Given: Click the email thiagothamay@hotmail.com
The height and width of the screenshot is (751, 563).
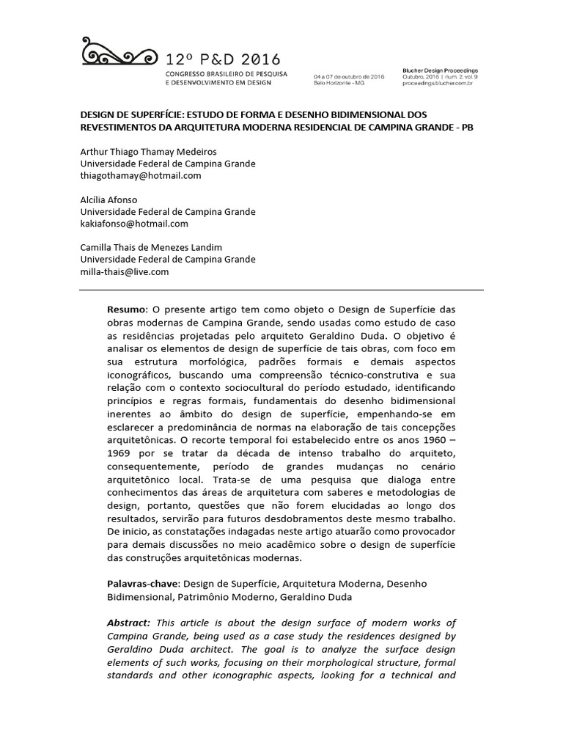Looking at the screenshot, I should coord(140,176).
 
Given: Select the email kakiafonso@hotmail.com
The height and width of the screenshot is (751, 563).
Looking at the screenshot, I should coord(134,224).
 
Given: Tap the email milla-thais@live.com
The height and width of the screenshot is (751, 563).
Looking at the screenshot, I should coord(125,271).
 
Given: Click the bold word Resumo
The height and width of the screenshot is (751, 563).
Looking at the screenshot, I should coord(127,309).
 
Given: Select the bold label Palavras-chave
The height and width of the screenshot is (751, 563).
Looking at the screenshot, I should coord(142,583).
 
